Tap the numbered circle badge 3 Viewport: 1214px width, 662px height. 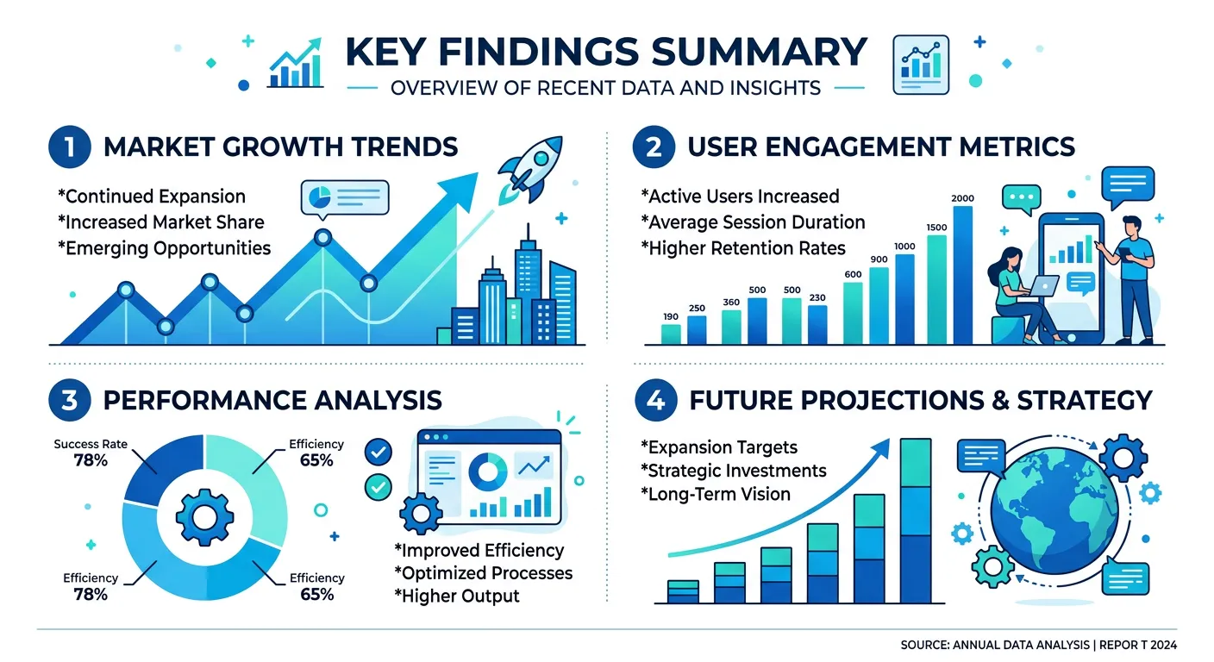coord(68,400)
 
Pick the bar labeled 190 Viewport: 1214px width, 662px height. coord(670,334)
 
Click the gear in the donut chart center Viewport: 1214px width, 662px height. coord(204,517)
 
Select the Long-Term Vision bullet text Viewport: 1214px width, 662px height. coord(715,494)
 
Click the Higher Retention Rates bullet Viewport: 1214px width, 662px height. coord(742,248)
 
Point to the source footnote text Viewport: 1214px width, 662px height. coord(1038,645)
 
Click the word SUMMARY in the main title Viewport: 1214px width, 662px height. coord(759,53)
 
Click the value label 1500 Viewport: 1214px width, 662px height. coord(936,228)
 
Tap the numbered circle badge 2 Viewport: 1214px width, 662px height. coord(653,147)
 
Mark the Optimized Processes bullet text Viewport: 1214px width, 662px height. coord(483,573)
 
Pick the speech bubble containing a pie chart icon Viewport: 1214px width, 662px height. coord(345,197)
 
